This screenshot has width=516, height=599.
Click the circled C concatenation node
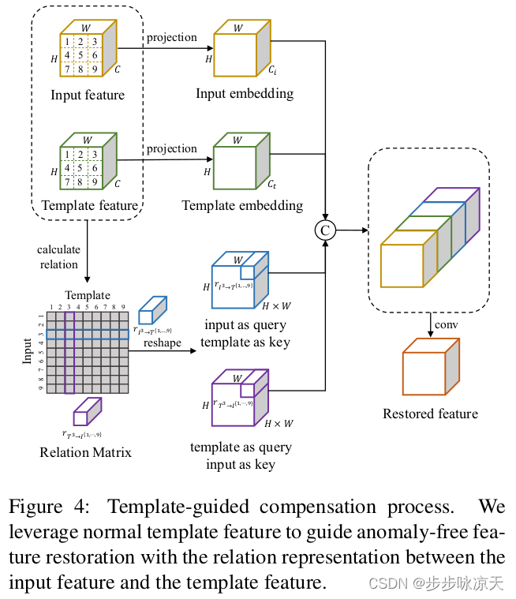click(x=324, y=230)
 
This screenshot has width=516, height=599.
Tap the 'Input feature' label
click(x=88, y=95)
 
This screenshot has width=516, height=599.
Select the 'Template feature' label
click(x=88, y=206)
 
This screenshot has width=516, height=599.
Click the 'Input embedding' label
click(x=245, y=94)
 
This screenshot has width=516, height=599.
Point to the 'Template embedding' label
click(x=242, y=205)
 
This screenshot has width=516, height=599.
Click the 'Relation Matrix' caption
click(x=85, y=452)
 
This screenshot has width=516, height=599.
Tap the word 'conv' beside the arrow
click(x=451, y=324)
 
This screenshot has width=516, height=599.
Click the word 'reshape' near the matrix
click(x=163, y=343)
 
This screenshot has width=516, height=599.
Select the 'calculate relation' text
click(x=58, y=256)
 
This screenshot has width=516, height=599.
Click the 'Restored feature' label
click(x=430, y=414)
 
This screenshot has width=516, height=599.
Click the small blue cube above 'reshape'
click(x=151, y=311)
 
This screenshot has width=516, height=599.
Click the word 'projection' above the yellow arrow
click(x=171, y=37)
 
